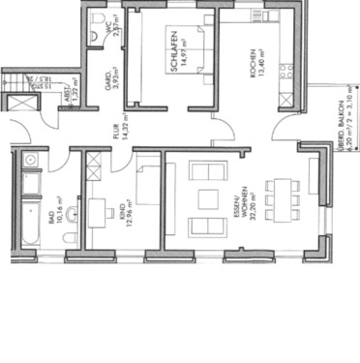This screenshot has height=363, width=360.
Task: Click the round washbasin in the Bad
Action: click(30, 159)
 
